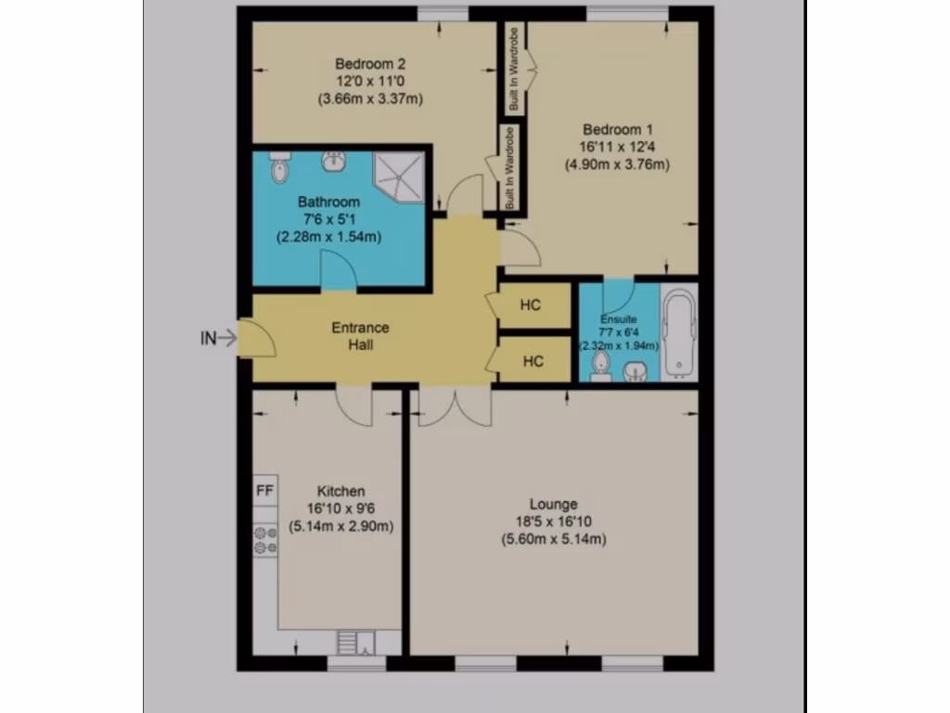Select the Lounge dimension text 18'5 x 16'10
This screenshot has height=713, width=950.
click(554, 522)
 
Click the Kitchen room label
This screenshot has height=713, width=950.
click(340, 491)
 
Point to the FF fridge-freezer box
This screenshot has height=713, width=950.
click(264, 491)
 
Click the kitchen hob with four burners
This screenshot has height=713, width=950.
click(265, 539)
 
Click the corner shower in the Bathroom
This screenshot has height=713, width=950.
click(396, 175)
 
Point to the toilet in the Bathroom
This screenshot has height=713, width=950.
click(278, 168)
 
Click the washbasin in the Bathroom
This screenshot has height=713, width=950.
click(334, 162)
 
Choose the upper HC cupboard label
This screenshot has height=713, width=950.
click(531, 305)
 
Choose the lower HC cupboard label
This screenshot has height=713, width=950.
click(532, 361)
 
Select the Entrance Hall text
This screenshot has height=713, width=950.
click(361, 336)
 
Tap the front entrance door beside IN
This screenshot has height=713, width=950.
click(256, 338)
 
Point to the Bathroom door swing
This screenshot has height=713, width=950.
click(337, 271)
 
